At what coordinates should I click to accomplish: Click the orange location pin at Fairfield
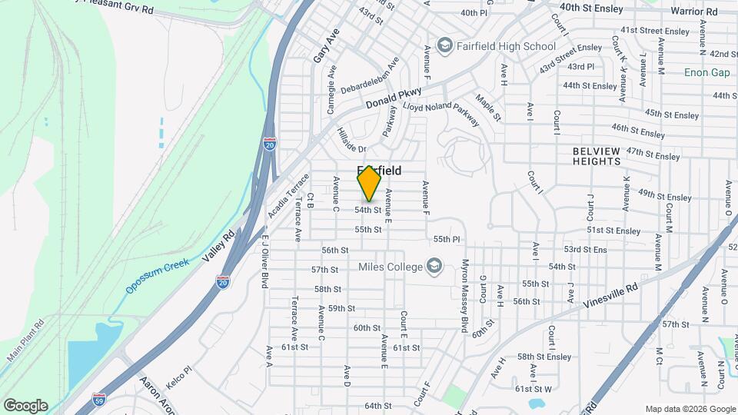click(370, 184)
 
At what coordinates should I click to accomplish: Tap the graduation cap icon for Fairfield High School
click(444, 46)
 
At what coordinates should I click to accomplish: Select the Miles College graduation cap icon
click(435, 267)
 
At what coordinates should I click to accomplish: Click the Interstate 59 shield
click(98, 399)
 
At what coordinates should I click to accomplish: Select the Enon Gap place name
click(706, 72)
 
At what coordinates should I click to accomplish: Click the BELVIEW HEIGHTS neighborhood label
click(607, 157)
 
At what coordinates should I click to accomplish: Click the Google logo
click(25, 406)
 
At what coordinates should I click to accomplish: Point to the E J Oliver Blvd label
click(264, 261)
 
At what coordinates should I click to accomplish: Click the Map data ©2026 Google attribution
click(690, 409)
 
